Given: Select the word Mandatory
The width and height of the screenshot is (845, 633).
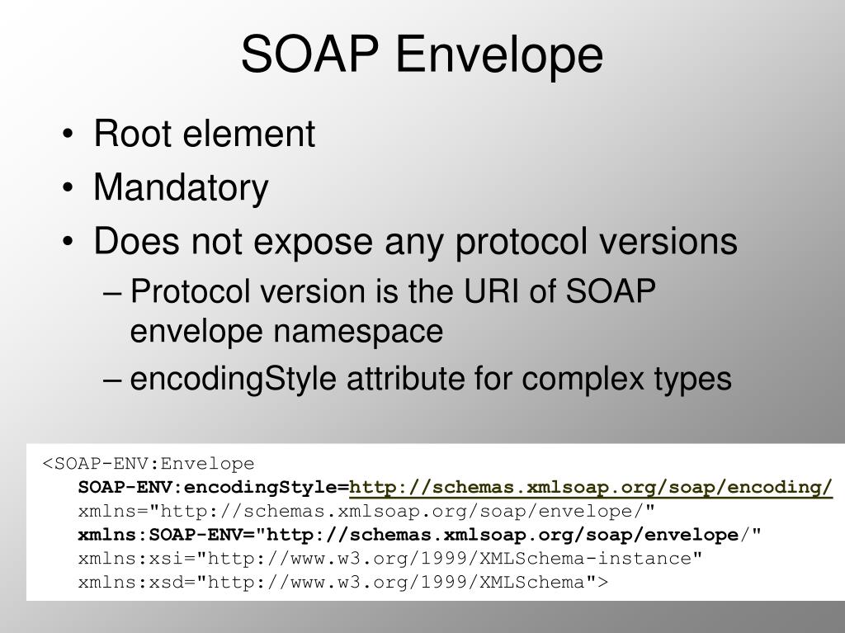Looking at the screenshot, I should click(181, 188).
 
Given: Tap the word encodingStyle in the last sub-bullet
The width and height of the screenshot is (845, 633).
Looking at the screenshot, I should click(234, 379).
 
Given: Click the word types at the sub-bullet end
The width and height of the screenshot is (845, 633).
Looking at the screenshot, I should click(696, 379).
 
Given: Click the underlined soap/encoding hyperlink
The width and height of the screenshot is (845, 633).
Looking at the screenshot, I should click(591, 488).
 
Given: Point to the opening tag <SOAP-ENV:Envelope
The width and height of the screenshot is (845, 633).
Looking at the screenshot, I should click(149, 464).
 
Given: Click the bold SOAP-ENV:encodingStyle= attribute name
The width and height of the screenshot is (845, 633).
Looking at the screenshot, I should click(213, 488).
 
